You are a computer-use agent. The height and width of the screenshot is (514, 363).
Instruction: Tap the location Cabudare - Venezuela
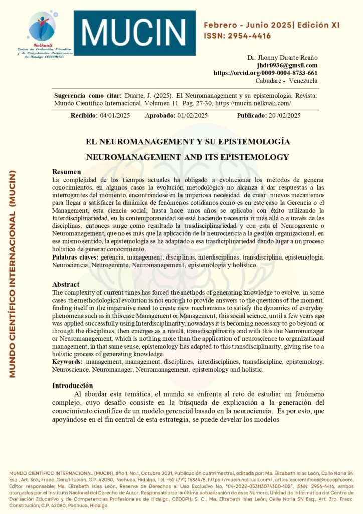pyautogui.click(x=286, y=80)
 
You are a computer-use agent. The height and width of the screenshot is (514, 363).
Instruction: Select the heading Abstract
pyautogui.click(x=66, y=284)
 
